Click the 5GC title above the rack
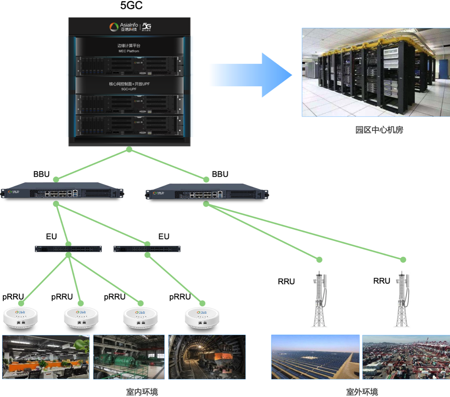pyautogui.click(x=131, y=5)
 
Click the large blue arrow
pyautogui.click(x=253, y=75)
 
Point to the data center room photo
pyautogui.click(x=376, y=72)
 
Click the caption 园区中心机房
pyautogui.click(x=379, y=130)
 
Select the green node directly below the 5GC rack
pyautogui.click(x=129, y=149)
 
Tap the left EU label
pyautogui.click(x=51, y=236)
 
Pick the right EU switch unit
pyautogui.click(x=147, y=249)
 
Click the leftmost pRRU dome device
pyautogui.click(x=21, y=318)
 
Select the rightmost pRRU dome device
pyautogui.click(x=202, y=318)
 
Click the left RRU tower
pyautogui.click(x=319, y=300)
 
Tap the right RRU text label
pyautogui.click(x=381, y=281)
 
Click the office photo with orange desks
pyautogui.click(x=46, y=357)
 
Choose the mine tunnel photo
pyautogui.click(x=207, y=357)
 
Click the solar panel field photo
pyautogui.click(x=315, y=357)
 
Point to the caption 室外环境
pyautogui.click(x=362, y=392)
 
